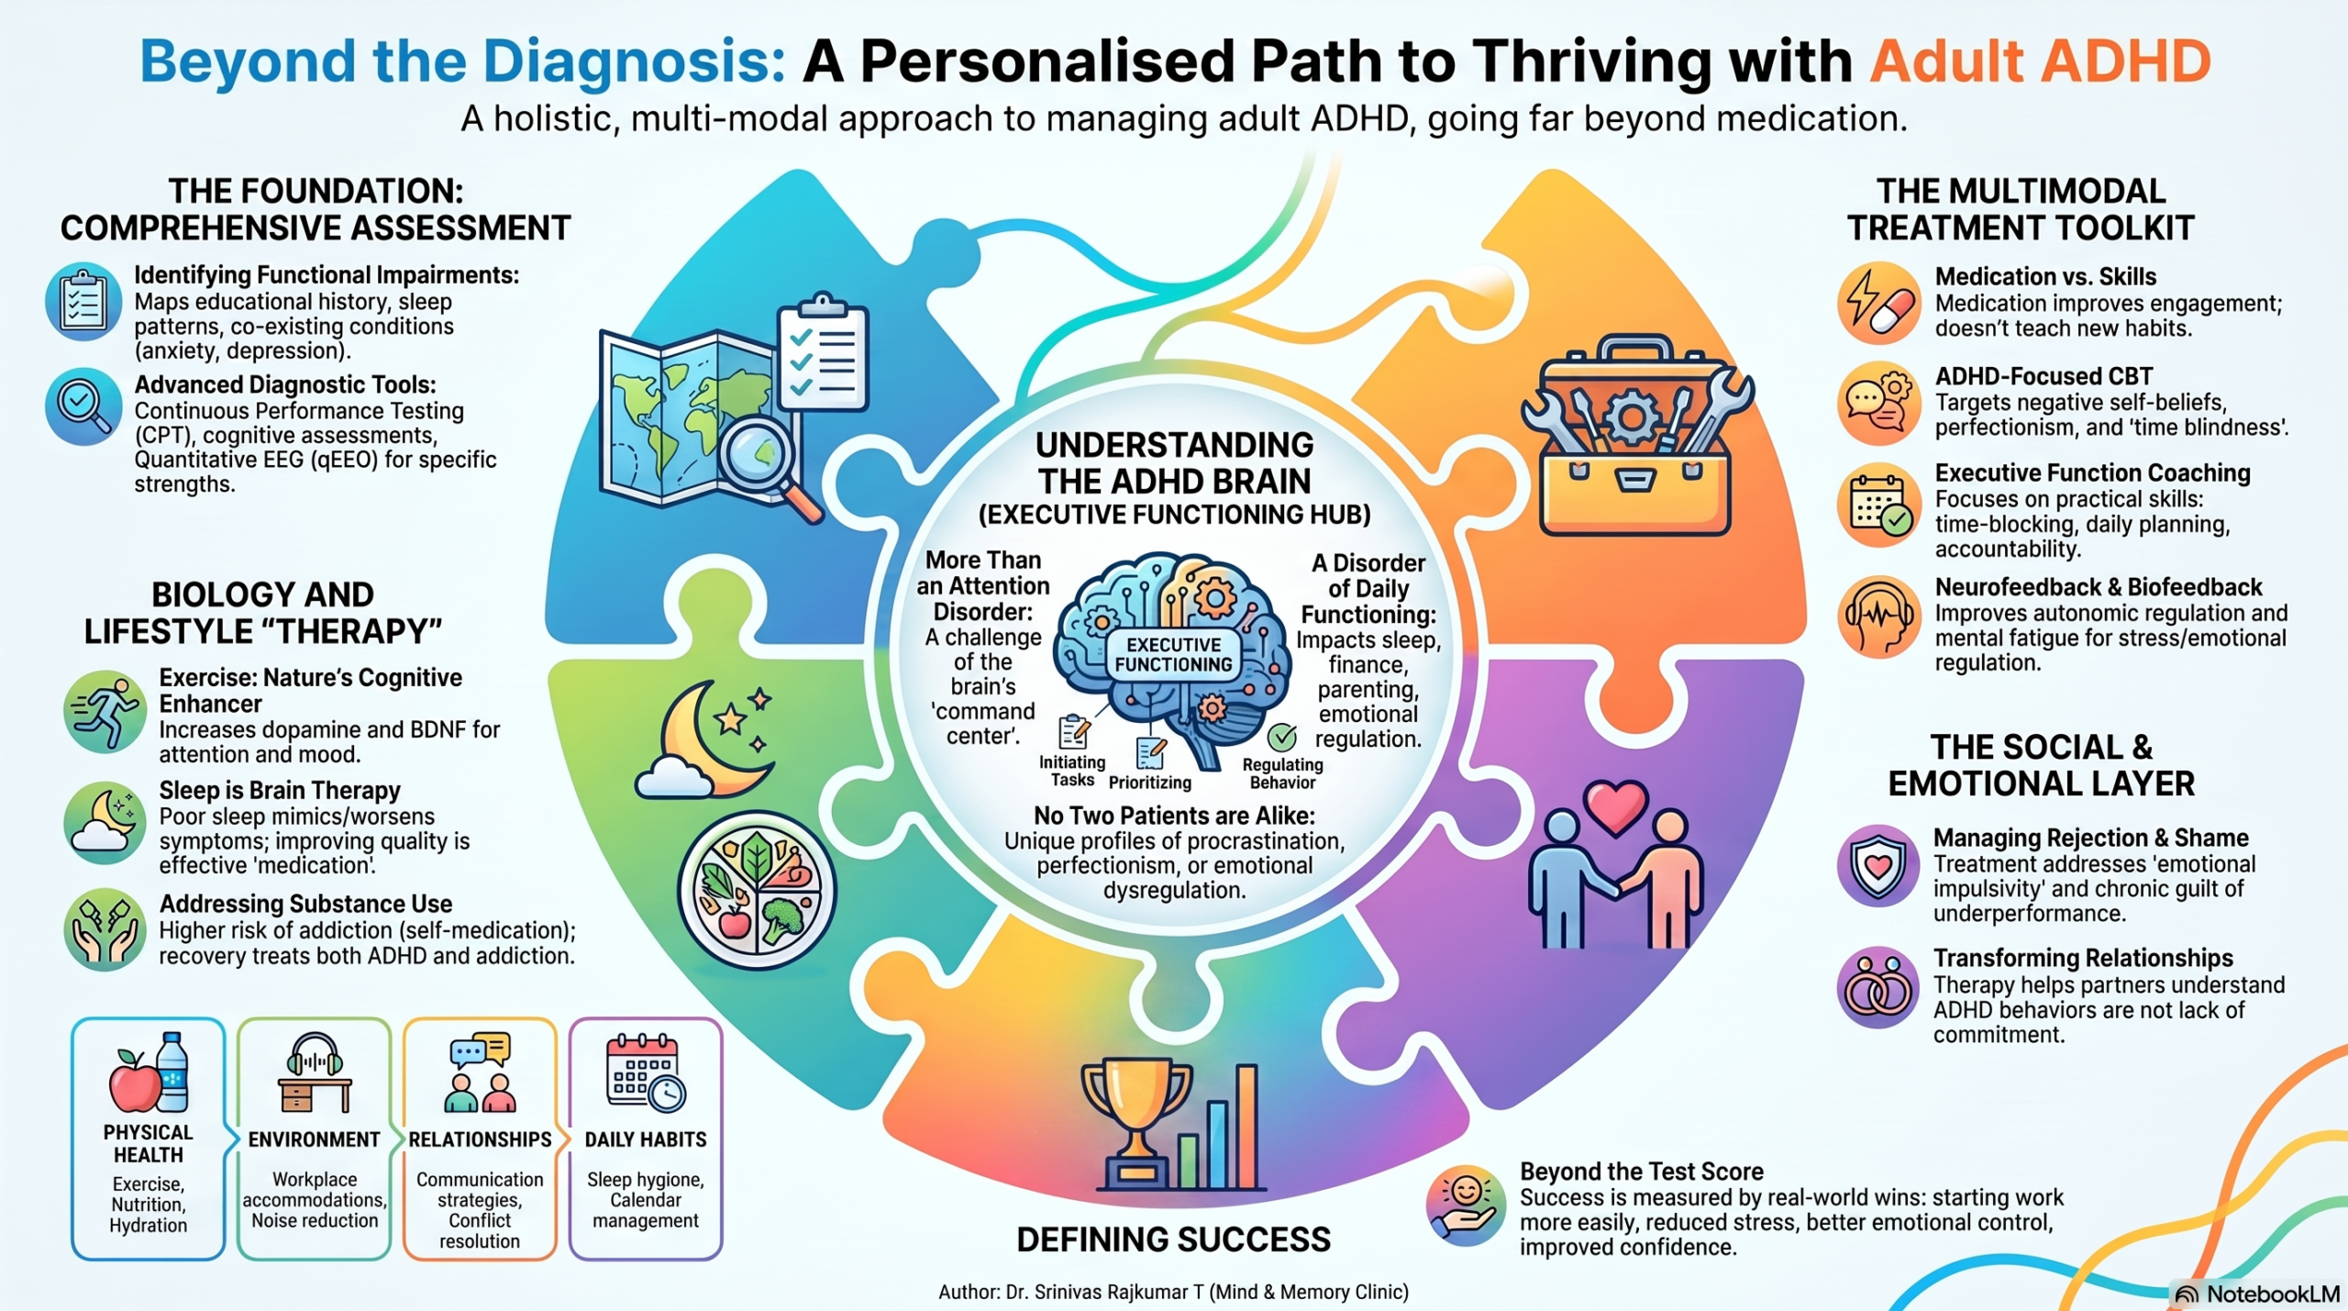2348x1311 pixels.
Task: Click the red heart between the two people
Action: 1615,806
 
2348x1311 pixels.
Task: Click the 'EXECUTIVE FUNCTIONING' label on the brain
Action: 1173,654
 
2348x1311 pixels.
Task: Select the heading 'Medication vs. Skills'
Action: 2045,276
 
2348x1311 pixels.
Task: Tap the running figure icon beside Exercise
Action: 105,711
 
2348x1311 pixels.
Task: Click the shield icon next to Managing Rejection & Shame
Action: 1878,864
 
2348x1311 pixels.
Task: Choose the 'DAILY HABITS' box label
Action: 646,1139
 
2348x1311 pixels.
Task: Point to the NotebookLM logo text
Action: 2273,1294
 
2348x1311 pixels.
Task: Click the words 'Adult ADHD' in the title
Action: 2040,61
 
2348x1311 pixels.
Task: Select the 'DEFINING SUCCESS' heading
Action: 1173,1239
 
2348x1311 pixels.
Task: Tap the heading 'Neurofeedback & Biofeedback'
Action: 2099,587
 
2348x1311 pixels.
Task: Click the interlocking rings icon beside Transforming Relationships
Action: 1877,986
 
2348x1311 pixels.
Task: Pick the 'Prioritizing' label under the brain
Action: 1150,783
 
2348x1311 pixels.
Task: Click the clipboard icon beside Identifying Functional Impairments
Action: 83,301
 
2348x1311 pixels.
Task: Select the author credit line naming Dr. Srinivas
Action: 1173,1292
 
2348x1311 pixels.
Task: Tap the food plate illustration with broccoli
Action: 757,890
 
